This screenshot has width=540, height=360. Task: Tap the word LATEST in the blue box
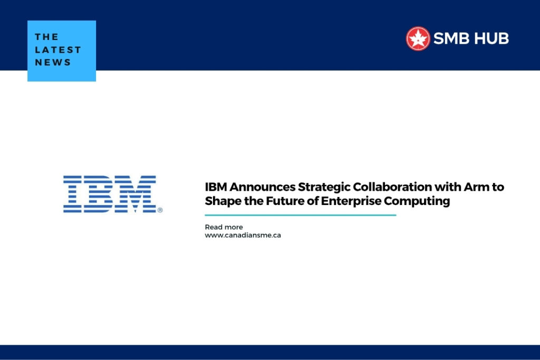[58, 50]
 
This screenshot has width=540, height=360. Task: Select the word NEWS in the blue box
[53, 62]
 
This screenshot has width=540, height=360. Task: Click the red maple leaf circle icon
[418, 38]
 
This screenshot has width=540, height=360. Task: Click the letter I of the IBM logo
[73, 194]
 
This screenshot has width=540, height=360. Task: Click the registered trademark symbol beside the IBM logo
[160, 210]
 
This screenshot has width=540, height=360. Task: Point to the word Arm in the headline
[481, 187]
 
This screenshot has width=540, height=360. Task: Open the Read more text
[224, 227]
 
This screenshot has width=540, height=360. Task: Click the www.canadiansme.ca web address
[243, 235]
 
